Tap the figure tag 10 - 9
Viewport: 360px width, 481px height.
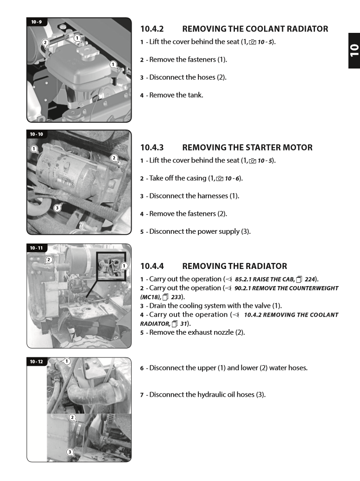pos(37,22)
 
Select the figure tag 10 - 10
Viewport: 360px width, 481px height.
pos(37,134)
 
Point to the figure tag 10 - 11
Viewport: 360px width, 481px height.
pos(37,248)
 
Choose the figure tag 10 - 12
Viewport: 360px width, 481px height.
pos(37,362)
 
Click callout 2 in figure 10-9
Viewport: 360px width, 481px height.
pos(45,42)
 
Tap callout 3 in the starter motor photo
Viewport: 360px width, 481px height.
pos(57,208)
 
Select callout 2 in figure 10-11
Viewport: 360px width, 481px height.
pos(49,259)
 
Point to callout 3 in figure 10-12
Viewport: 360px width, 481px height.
pos(69,452)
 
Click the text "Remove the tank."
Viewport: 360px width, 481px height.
pos(176,95)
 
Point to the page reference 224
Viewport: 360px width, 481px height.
pos(309,279)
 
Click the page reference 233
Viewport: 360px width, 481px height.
pos(176,297)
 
